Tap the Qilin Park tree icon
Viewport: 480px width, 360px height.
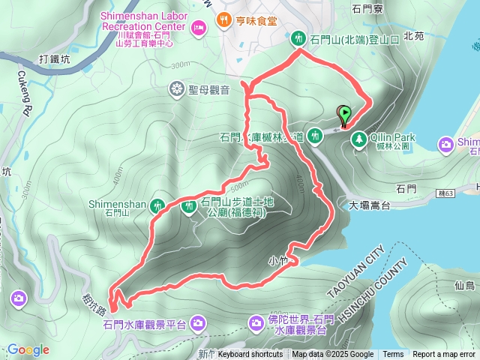pos(360,139)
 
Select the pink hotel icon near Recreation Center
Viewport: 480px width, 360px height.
pos(199,28)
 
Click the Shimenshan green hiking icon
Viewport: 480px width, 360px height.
pos(158,205)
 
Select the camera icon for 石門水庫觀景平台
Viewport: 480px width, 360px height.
pos(198,324)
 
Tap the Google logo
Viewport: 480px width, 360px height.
pos(28,349)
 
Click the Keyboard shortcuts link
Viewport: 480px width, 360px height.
pos(250,355)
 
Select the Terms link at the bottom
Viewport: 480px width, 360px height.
pos(393,355)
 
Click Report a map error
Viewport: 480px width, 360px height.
pos(444,355)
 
